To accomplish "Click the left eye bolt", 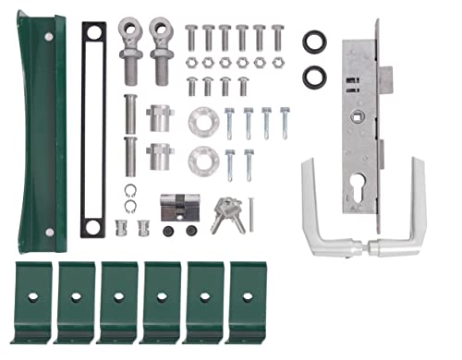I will tap(131, 51).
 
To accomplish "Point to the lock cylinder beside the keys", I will tap(181, 210).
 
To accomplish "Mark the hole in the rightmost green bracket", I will tap(246, 296).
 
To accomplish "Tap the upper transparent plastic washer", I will tap(201, 124).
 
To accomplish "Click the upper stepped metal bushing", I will tap(159, 119).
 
